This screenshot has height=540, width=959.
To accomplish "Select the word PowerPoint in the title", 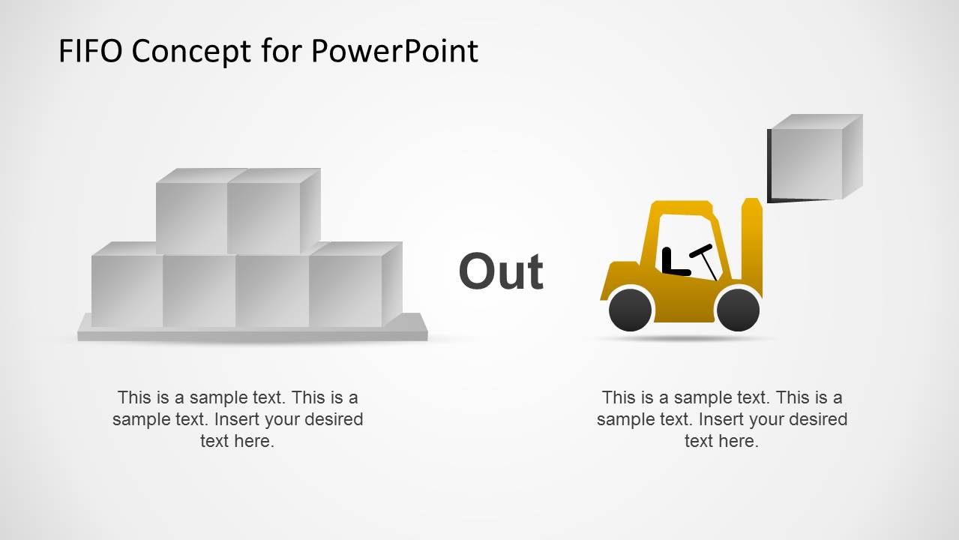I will coord(394,51).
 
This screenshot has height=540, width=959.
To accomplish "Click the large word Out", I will coord(501,271).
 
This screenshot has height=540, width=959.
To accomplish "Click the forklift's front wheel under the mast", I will coord(738,309).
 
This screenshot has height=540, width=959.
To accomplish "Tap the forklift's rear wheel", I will coord(630,309).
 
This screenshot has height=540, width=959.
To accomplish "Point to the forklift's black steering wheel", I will coord(703,250).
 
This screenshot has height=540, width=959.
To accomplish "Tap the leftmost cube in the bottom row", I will coord(127,290).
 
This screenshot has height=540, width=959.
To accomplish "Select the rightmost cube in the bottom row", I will coord(346,290).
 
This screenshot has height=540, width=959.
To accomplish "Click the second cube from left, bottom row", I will coord(199,290).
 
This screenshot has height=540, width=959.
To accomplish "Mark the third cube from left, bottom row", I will coord(271,290).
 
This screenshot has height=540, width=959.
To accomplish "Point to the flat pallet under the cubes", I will coord(253,333).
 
